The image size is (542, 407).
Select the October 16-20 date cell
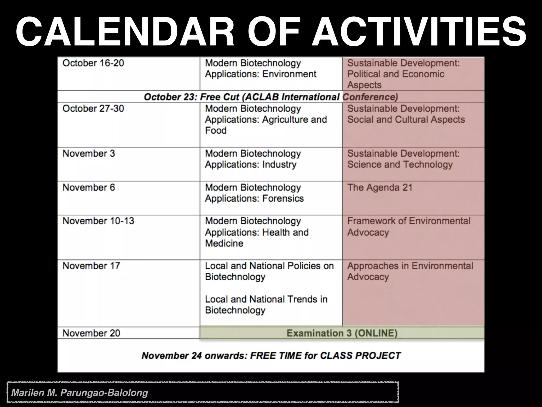93,63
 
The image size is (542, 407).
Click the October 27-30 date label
93,109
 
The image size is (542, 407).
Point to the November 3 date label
89,154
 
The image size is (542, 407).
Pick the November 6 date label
89,188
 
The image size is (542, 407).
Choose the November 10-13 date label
98,221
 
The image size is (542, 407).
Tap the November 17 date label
91,266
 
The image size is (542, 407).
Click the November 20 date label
91,333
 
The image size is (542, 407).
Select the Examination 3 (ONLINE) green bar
342,333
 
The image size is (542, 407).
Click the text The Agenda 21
380,188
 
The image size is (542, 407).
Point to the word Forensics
283,198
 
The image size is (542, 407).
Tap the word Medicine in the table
224,243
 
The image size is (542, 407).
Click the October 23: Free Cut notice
270,97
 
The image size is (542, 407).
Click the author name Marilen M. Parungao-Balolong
80,392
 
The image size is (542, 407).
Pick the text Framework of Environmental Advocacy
408,227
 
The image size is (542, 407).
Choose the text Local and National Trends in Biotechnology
266,305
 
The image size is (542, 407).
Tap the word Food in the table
216,130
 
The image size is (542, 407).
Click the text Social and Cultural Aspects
406,120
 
